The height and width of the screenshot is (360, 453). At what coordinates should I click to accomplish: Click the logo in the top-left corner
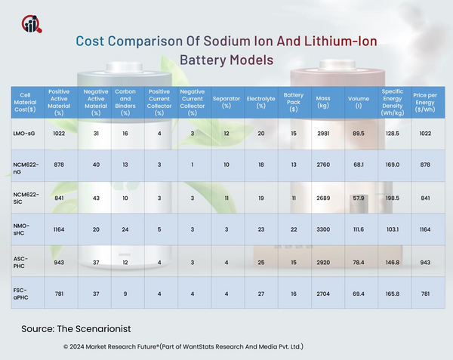tap(32, 23)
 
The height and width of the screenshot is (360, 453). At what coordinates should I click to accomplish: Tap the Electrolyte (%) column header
tap(260, 102)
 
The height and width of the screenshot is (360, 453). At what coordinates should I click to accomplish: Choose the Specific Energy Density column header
tap(392, 102)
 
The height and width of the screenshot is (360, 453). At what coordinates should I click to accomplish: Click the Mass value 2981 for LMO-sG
tap(323, 133)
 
